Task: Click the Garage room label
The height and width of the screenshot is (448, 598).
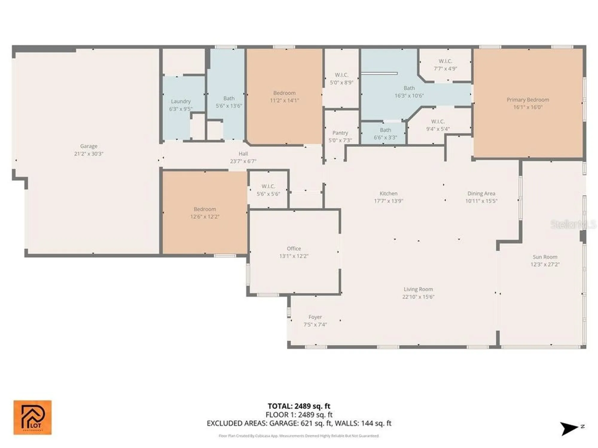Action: [89, 146]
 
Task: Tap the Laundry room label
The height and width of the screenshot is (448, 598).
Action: [181, 102]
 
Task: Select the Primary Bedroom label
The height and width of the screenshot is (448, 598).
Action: [528, 100]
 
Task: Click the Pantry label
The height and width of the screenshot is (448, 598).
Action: [340, 133]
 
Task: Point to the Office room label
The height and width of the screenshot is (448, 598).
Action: [294, 248]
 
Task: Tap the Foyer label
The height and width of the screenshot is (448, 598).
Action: [315, 317]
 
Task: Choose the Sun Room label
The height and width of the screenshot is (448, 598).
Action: [545, 257]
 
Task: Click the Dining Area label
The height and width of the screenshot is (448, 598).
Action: [481, 194]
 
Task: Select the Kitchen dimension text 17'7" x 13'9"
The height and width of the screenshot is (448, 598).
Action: [388, 201]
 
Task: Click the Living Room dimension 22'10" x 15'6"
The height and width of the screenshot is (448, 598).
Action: [418, 297]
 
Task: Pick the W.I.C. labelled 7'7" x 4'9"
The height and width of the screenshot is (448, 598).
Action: [445, 65]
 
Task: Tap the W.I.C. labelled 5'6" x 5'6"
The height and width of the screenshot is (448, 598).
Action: [268, 190]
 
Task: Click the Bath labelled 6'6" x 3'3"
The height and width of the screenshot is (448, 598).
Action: [385, 134]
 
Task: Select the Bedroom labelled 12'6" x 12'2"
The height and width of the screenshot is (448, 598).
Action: [205, 213]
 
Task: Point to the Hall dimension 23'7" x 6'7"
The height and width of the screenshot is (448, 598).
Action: [243, 161]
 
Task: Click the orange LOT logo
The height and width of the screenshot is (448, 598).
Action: [32, 417]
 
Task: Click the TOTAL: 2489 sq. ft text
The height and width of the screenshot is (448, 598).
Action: [299, 406]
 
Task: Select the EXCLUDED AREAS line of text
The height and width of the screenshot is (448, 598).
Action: [299, 423]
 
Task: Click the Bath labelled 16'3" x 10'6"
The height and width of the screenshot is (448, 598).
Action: [409, 92]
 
